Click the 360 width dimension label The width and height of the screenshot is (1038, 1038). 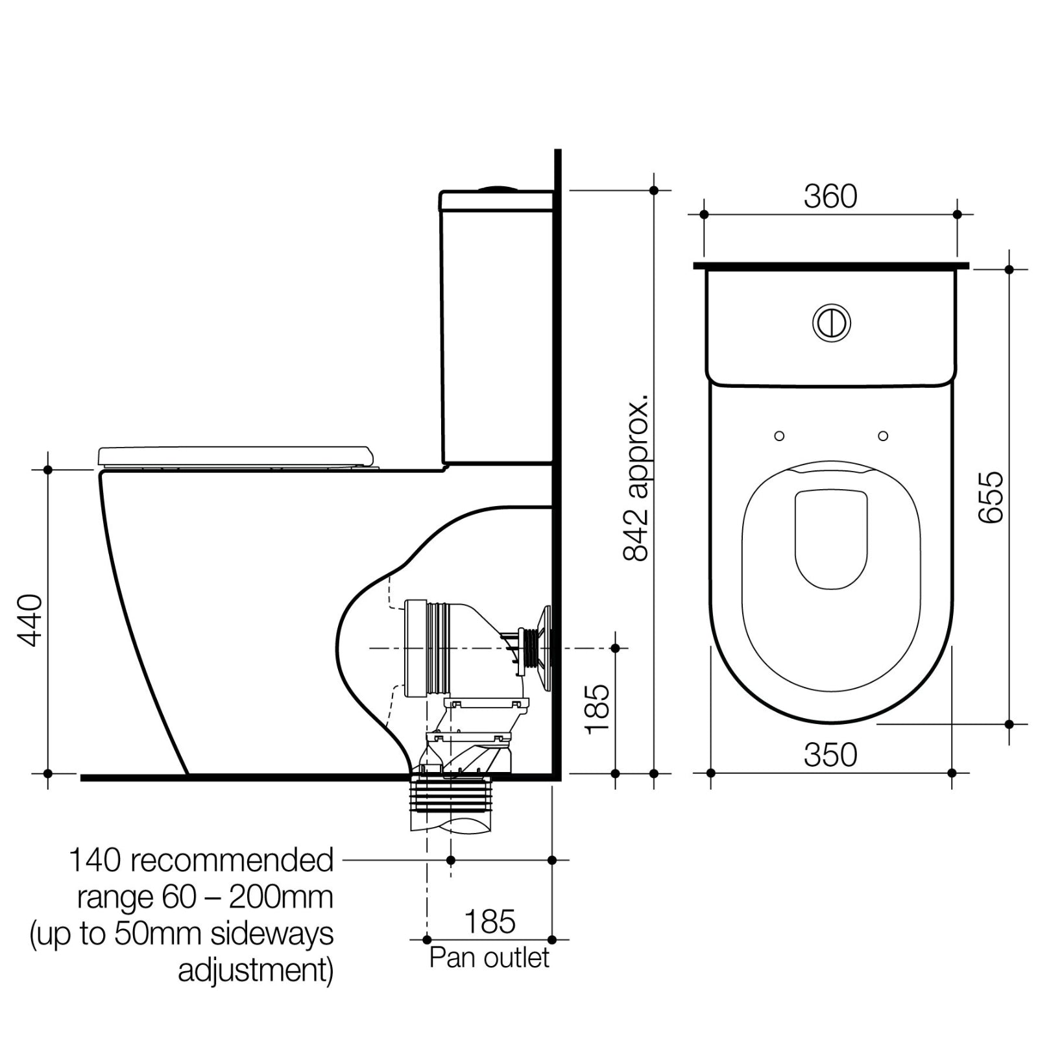click(830, 197)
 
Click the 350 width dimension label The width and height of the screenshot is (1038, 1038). click(830, 755)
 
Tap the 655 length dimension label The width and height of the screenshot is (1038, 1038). click(991, 497)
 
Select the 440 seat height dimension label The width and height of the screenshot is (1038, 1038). click(30, 620)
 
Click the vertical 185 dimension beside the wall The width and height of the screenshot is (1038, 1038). click(597, 709)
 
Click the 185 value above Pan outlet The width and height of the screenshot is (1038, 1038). click(490, 921)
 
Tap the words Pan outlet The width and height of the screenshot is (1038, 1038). click(489, 958)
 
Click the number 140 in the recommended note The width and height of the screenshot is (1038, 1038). click(95, 860)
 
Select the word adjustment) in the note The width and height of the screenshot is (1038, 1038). click(256, 971)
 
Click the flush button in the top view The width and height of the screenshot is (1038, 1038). click(831, 322)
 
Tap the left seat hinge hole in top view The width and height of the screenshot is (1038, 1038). click(779, 436)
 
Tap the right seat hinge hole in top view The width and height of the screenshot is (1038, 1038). click(883, 436)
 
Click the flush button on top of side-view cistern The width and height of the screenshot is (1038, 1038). click(498, 189)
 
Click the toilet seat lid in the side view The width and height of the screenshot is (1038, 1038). click(236, 455)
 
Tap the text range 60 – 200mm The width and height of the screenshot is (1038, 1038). click(205, 897)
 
